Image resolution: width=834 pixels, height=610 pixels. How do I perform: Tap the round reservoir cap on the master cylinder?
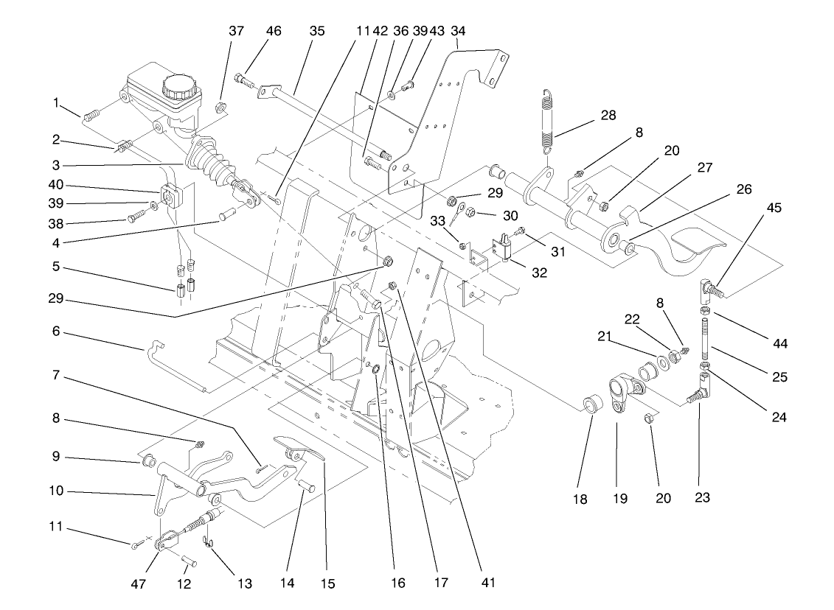point(179,87)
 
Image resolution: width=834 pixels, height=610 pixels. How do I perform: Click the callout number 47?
point(138,583)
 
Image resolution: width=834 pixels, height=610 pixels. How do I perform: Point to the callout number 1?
point(55,103)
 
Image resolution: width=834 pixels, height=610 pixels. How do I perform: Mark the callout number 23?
point(701,498)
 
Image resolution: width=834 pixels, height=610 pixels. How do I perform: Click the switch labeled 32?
point(503,248)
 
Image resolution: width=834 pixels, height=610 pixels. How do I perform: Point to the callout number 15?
point(327,583)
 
